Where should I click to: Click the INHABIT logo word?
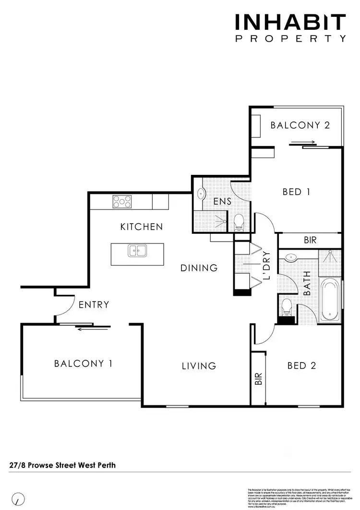tap(290, 23)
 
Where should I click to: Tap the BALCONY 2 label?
tap(300, 125)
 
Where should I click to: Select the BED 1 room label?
tap(296, 192)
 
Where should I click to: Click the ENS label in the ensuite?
tap(223, 202)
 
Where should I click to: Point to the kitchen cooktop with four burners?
tap(122, 201)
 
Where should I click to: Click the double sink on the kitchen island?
tap(137, 250)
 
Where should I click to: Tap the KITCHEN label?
tap(142, 227)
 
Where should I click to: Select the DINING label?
tap(199, 268)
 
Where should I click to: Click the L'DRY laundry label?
tap(267, 266)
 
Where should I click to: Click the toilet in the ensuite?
tap(239, 222)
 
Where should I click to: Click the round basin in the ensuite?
tap(201, 194)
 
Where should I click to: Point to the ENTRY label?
tap(94, 304)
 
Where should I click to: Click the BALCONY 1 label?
tap(84, 364)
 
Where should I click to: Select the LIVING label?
tap(199, 366)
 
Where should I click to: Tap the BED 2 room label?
tap(301, 366)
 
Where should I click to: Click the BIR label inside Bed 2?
tap(258, 379)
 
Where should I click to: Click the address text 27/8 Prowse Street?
tap(62, 465)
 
